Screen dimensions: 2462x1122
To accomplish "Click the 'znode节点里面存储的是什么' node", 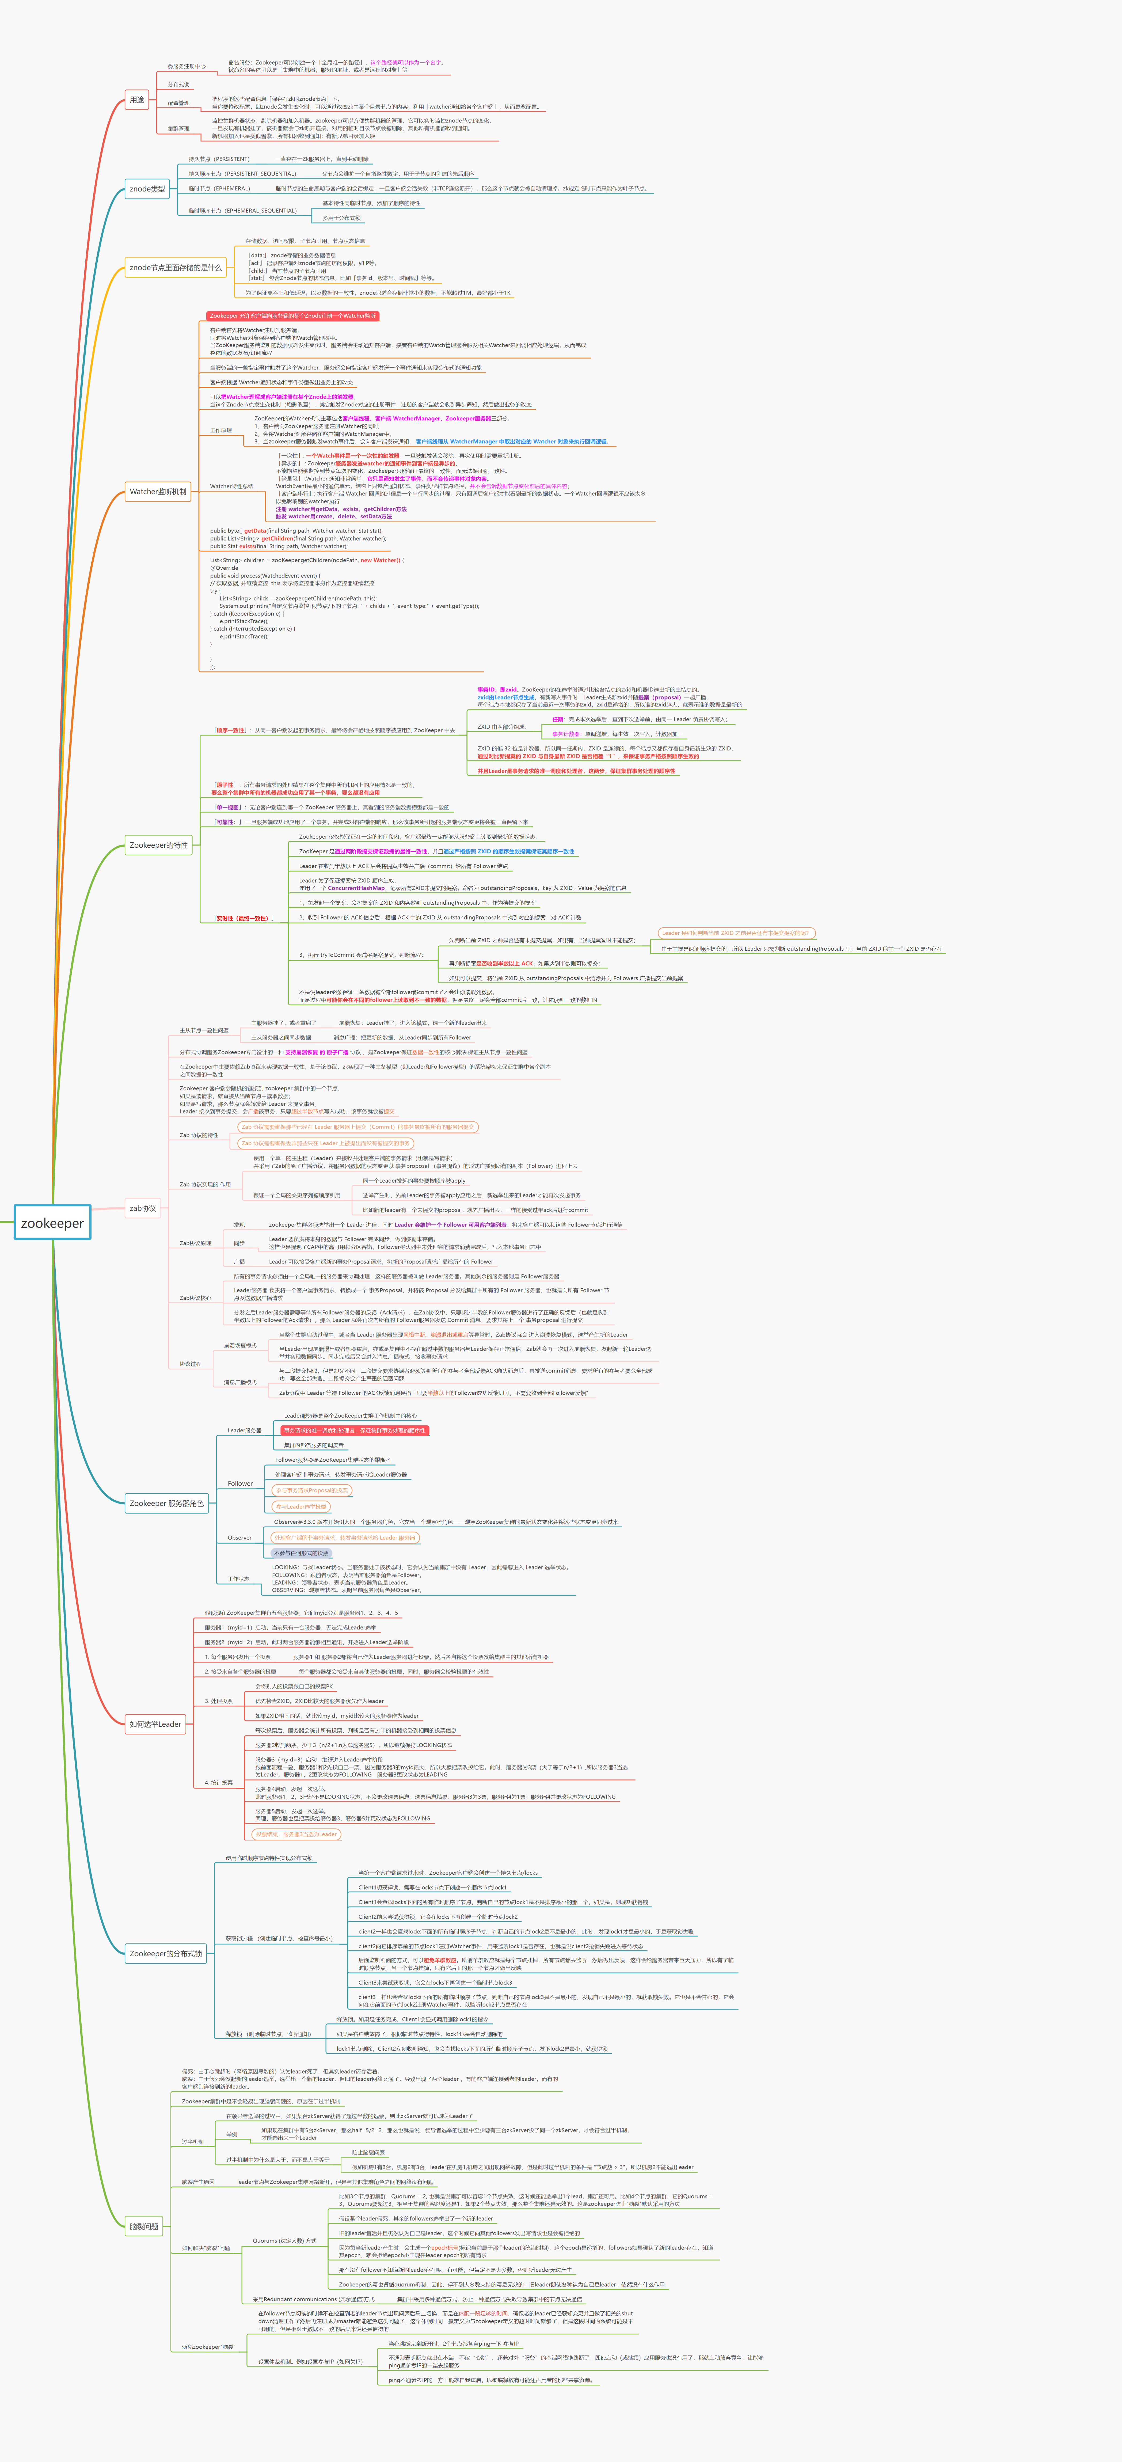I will click(x=175, y=268).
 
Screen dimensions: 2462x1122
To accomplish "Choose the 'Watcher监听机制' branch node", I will click(x=158, y=491).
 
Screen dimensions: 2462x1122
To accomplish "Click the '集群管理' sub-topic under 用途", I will click(x=179, y=128).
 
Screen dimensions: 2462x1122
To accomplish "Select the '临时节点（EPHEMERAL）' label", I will click(x=219, y=188).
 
